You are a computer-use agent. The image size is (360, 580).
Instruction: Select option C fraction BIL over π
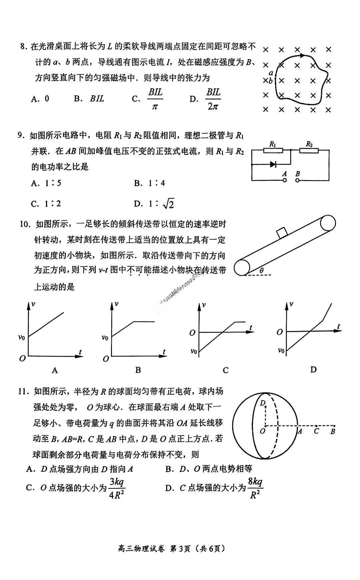pyautogui.click(x=155, y=99)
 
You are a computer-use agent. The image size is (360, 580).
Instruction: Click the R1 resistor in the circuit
pyautogui.click(x=273, y=150)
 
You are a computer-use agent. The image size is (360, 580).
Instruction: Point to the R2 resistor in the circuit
pyautogui.click(x=309, y=150)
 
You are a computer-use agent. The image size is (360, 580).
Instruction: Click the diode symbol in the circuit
pyautogui.click(x=273, y=164)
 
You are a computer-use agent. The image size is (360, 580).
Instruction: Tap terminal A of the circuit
pyautogui.click(x=284, y=180)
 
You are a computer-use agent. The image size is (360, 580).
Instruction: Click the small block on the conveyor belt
pyautogui.click(x=282, y=233)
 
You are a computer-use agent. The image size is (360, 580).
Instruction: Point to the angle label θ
pyautogui.click(x=261, y=271)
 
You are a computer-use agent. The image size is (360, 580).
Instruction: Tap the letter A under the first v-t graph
pyautogui.click(x=55, y=370)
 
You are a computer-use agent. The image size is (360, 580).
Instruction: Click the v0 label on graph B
pyautogui.click(x=105, y=338)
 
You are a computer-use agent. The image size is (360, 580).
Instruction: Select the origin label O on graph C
pyautogui.click(x=192, y=333)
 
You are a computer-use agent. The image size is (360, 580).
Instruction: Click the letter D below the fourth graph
pyautogui.click(x=313, y=369)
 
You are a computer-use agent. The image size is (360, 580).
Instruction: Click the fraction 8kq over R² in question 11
pyautogui.click(x=255, y=488)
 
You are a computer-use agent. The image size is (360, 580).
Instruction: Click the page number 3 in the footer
pyautogui.click(x=182, y=548)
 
